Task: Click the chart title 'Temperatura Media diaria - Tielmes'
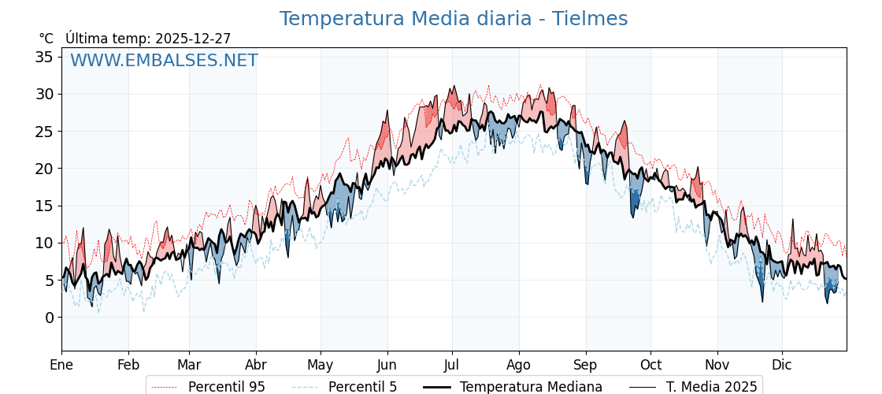click(x=453, y=19)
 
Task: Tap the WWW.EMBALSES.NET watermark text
click(x=164, y=61)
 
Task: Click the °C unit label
click(x=46, y=39)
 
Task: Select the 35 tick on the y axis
click(x=44, y=57)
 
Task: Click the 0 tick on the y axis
click(x=49, y=318)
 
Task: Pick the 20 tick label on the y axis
click(x=44, y=169)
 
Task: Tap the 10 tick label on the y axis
click(x=44, y=243)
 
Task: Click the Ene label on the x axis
click(x=61, y=365)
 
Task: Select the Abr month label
click(x=256, y=365)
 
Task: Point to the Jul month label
click(x=452, y=365)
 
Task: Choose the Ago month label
click(x=519, y=365)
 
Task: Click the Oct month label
click(x=650, y=365)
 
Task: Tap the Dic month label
click(x=782, y=365)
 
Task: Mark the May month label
click(x=321, y=365)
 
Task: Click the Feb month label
click(x=128, y=365)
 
